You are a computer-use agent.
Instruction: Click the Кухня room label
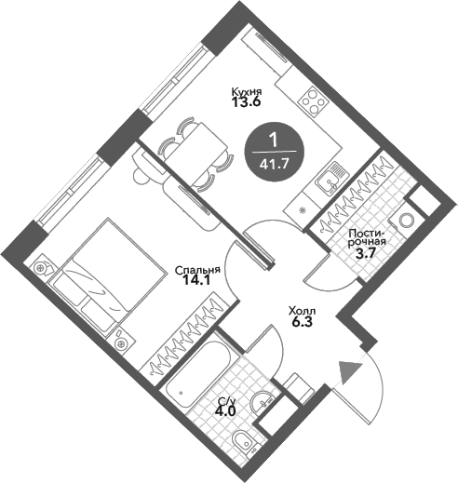click(x=247, y=92)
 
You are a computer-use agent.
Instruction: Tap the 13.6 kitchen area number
click(x=246, y=101)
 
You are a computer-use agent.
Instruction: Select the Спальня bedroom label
click(x=197, y=271)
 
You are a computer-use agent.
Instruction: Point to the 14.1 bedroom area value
click(x=196, y=280)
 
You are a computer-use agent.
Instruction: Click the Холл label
click(x=302, y=311)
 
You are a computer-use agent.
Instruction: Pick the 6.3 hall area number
click(x=302, y=322)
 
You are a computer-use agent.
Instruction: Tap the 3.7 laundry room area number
click(x=366, y=254)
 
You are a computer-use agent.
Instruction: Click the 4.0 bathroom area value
click(x=225, y=411)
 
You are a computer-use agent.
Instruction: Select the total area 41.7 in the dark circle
click(x=274, y=164)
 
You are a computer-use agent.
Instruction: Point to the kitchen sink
click(x=329, y=181)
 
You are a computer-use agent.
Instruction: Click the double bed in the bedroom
click(x=107, y=277)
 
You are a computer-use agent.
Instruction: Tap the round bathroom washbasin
click(x=263, y=402)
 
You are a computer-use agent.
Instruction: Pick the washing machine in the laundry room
click(x=404, y=220)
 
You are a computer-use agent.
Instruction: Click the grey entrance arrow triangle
click(x=350, y=372)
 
